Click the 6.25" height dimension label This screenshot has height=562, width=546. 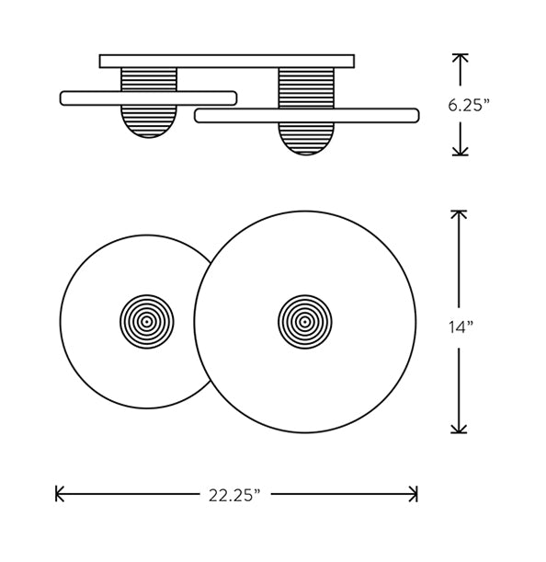click(x=468, y=106)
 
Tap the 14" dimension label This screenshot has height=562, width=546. click(x=461, y=327)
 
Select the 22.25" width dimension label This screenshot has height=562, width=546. click(x=234, y=496)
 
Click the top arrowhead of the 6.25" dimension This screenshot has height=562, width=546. click(x=460, y=57)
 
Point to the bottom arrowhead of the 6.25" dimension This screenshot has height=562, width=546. click(x=460, y=152)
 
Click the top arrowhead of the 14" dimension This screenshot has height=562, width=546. click(x=459, y=214)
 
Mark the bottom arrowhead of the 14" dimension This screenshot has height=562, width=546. click(x=459, y=430)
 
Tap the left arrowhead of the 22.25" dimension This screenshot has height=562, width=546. click(x=59, y=494)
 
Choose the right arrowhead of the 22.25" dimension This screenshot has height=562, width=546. click(x=414, y=494)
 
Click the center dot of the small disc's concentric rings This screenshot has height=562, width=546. click(x=146, y=322)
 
